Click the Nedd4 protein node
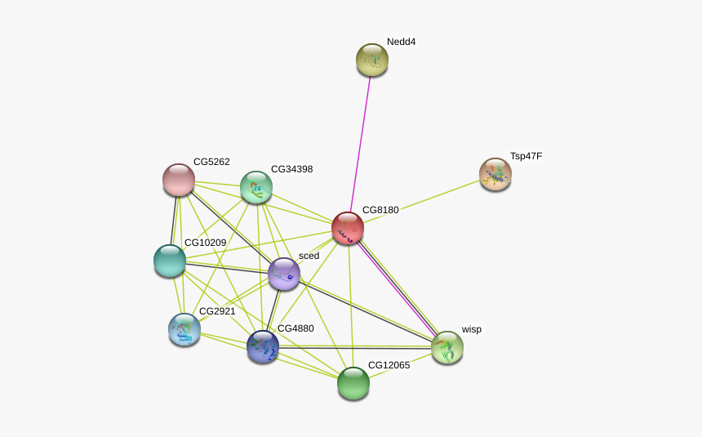click(x=372, y=60)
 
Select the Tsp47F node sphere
click(x=495, y=174)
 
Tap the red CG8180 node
click(x=348, y=229)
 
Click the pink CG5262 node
click(x=179, y=180)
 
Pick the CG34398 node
click(x=256, y=187)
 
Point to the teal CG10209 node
click(x=170, y=261)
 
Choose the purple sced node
click(x=284, y=274)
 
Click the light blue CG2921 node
click(x=184, y=329)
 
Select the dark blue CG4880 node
click(x=263, y=347)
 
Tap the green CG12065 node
click(x=353, y=383)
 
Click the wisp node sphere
click(x=447, y=347)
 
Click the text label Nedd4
click(x=401, y=42)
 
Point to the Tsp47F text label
click(x=526, y=157)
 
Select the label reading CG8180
click(x=380, y=210)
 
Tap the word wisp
click(x=472, y=329)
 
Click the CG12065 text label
click(x=389, y=365)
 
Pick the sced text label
click(x=309, y=256)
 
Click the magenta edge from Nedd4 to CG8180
click(x=361, y=145)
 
